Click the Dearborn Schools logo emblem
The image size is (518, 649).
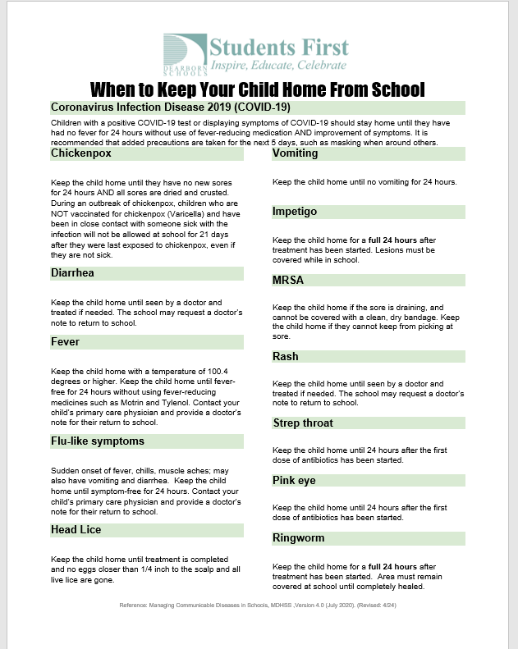[x=184, y=53]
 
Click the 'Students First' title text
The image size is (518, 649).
[x=279, y=47]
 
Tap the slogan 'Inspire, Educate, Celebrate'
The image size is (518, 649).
[x=278, y=65]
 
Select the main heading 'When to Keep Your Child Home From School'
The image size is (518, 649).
[x=258, y=89]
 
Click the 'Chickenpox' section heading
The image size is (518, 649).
[x=81, y=153]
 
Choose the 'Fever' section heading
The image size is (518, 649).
[x=65, y=340]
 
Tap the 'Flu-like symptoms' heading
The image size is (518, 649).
[x=98, y=441]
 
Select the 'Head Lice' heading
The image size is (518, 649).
[x=76, y=530]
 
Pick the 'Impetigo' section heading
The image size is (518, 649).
[x=295, y=211]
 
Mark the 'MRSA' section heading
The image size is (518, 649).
[x=288, y=280]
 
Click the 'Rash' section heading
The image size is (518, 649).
[x=286, y=357]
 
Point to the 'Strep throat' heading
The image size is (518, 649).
[x=304, y=423]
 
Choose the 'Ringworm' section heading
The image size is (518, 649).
[x=299, y=537]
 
